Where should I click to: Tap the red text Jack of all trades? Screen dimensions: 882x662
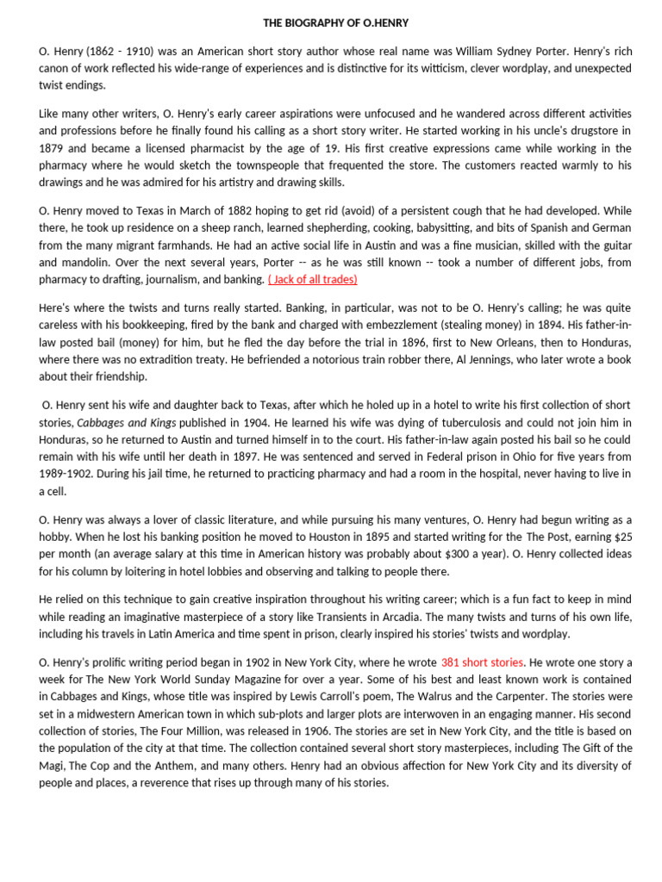312,280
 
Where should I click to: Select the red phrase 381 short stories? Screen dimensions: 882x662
482,663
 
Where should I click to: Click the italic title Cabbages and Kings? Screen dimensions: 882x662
127,423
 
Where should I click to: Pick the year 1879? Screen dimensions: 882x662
53,147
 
